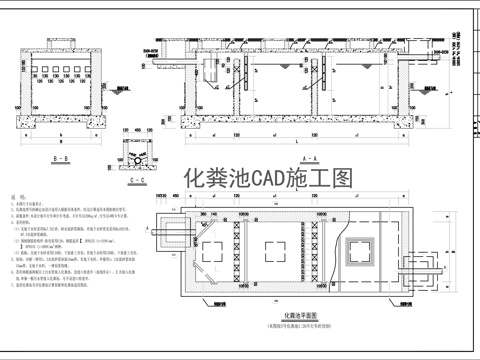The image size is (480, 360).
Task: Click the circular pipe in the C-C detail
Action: tap(135, 160)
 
